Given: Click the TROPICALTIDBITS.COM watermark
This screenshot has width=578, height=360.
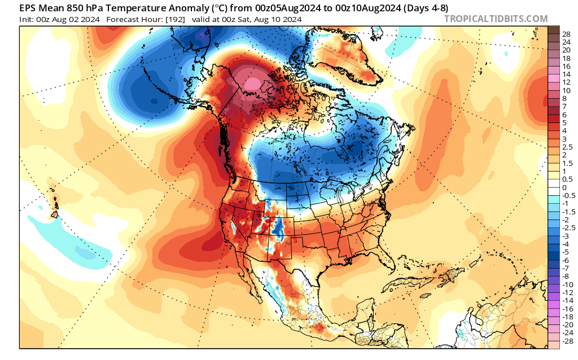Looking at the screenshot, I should pyautogui.click(x=496, y=19).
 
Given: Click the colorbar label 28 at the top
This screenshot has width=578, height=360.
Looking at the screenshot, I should pyautogui.click(x=566, y=34).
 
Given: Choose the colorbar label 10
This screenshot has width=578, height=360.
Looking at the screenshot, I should pyautogui.click(x=566, y=90).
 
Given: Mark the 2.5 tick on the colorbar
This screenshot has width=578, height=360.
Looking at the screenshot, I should pyautogui.click(x=566, y=147).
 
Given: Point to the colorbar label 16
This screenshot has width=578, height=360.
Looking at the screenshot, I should pyautogui.click(x=566, y=66).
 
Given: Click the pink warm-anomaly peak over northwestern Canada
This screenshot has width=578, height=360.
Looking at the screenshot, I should pyautogui.click(x=253, y=84).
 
